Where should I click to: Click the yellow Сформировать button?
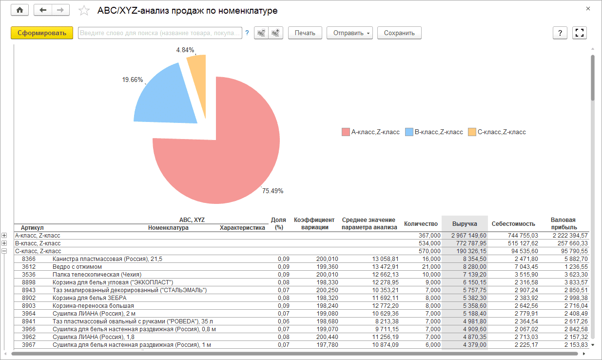point(42,33)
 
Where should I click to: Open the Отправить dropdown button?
point(349,33)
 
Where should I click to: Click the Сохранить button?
point(399,33)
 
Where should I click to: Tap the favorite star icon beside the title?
point(84,11)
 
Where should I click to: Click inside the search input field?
point(160,33)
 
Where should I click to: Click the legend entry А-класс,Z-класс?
point(371,132)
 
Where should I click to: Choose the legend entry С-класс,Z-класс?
point(497,132)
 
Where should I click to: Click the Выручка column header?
point(465,223)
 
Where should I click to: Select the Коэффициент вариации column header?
point(314,223)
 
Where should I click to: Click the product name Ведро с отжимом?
point(77,267)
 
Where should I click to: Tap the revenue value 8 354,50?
point(474,259)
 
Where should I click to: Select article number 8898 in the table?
point(29,282)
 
